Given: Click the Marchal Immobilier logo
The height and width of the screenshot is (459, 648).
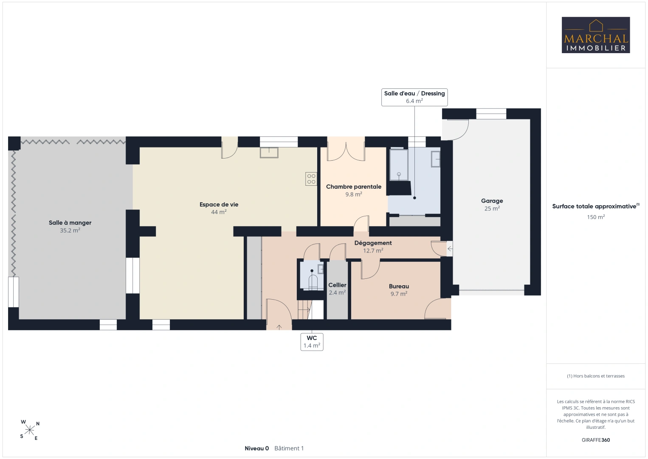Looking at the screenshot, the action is click(596, 35).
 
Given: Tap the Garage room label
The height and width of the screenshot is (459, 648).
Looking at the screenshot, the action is click(492, 201).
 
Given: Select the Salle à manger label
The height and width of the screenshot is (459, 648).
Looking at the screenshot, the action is click(70, 223).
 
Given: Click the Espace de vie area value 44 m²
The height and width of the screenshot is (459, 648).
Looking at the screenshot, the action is click(219, 212).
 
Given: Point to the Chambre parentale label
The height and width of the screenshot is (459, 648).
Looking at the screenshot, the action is click(354, 187).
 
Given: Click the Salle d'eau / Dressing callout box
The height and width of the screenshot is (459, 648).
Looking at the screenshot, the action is click(414, 97).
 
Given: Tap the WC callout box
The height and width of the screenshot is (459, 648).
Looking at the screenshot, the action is click(312, 342).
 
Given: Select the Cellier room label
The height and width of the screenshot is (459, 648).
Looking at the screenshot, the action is click(337, 285).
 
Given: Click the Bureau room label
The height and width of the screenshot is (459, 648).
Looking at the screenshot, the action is click(399, 286).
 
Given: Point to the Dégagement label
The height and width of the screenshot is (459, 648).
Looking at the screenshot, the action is click(373, 243).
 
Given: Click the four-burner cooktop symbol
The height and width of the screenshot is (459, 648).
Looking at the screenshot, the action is click(311, 178).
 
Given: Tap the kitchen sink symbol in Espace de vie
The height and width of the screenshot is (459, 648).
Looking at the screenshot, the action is click(269, 152).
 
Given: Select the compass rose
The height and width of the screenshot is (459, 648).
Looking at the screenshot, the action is click(29, 430).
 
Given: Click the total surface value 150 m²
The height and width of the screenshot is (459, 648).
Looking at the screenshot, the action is click(596, 217).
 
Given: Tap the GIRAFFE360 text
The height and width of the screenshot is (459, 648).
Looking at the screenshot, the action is click(596, 440).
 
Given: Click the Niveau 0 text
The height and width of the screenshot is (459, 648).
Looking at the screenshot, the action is click(256, 448).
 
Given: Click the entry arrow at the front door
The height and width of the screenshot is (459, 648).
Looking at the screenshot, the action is click(279, 327).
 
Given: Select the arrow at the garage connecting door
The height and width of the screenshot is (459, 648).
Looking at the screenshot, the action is click(450, 249).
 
